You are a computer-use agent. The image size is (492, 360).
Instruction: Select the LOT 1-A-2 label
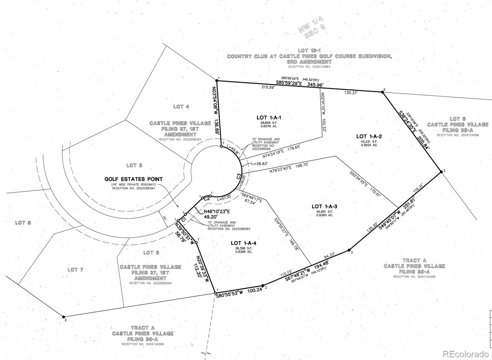tap(369, 136)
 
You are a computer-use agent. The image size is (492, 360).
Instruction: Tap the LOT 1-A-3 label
tap(324, 206)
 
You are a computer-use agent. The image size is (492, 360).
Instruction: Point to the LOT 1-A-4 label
tap(244, 243)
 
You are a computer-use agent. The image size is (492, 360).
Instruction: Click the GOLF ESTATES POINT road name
tap(133, 179)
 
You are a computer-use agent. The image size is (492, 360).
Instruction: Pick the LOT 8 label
tap(23, 222)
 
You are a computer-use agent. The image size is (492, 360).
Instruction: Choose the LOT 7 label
tap(75, 270)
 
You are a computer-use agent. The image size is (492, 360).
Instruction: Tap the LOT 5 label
tap(134, 166)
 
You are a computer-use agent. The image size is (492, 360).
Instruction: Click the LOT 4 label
tap(181, 107)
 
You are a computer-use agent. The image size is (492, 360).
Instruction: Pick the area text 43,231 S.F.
tap(369, 142)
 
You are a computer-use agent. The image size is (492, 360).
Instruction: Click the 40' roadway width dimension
tap(165, 218)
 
